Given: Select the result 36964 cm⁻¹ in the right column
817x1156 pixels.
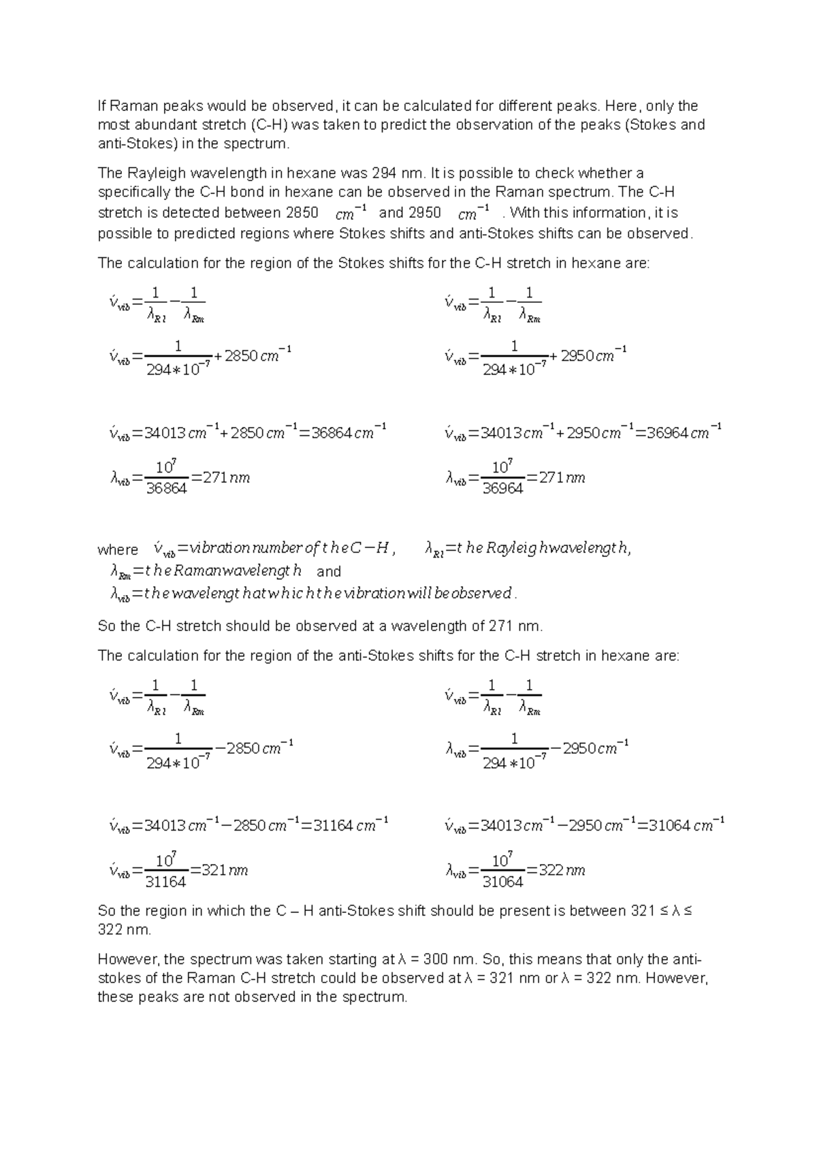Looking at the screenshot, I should [x=684, y=432].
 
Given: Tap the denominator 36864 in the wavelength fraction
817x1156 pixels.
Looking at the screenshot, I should [x=166, y=489].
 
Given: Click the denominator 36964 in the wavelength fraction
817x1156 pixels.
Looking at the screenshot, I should [x=502, y=489].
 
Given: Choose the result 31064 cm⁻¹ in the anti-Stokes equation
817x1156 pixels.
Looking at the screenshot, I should [x=685, y=826].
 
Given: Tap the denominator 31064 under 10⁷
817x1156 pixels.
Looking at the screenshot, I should [x=502, y=882].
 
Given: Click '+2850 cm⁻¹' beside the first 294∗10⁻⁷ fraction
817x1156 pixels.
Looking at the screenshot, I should [x=253, y=355].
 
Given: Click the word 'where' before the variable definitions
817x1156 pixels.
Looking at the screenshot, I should [x=117, y=550].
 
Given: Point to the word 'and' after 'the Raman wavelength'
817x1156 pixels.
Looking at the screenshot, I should [x=329, y=572].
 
